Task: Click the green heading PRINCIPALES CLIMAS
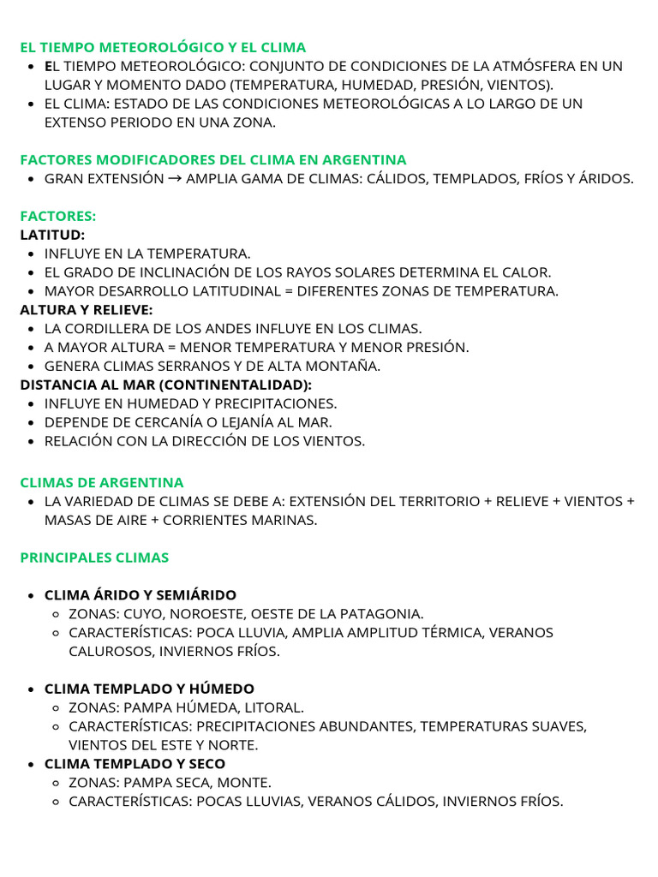(94, 558)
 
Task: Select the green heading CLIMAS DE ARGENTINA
(102, 482)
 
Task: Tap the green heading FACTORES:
(58, 217)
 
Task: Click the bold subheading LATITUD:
(52, 235)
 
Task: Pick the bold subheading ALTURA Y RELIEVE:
(87, 310)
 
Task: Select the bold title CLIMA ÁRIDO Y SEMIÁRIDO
(141, 595)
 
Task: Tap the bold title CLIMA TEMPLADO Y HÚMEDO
(149, 689)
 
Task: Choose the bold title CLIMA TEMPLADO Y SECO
(135, 764)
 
